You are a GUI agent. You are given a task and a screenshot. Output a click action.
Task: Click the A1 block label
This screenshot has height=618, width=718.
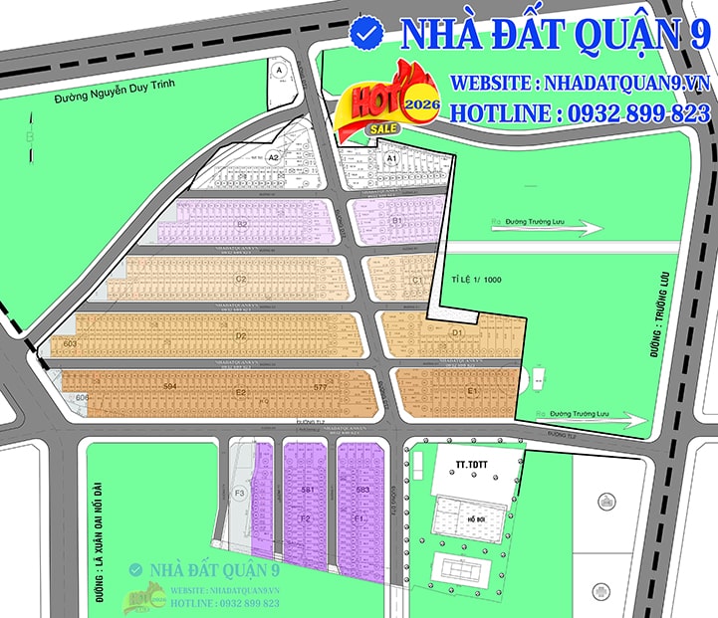[x=391, y=158]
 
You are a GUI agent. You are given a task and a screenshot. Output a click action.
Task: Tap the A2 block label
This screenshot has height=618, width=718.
[x=272, y=157]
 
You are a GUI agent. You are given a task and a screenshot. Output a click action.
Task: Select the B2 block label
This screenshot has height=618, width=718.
[x=242, y=225]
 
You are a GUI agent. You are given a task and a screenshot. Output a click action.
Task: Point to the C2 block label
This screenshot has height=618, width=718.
[x=241, y=280]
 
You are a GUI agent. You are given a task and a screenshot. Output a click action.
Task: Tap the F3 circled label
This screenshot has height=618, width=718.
[x=239, y=493]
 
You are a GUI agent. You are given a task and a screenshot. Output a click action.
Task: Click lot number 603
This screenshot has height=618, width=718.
[x=70, y=344]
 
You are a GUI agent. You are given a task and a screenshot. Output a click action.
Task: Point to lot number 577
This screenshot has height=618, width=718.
[x=320, y=386]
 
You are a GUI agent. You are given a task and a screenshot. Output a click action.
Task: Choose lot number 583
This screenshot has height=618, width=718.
[x=362, y=490]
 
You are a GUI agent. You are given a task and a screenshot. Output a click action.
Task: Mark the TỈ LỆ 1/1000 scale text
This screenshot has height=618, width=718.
[x=476, y=281]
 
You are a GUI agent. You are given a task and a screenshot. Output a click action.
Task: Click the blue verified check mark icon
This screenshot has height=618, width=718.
[x=368, y=33]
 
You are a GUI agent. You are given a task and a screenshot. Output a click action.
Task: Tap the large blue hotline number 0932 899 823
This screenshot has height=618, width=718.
[x=637, y=113]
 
